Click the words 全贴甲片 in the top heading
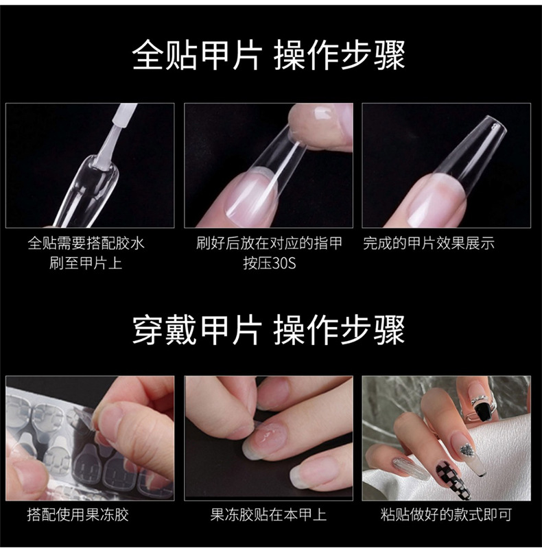196,56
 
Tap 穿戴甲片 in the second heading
196,330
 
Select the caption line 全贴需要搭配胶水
86,244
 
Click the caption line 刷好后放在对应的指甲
269,244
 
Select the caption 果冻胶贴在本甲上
268,514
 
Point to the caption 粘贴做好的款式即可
446,514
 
